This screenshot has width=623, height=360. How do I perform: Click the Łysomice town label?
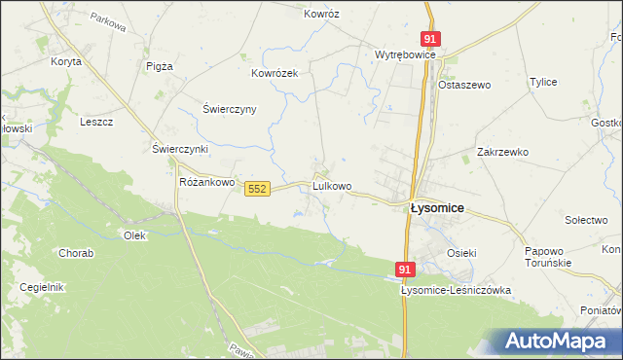pyautogui.click(x=437, y=207)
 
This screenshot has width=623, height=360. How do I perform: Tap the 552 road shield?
pyautogui.click(x=257, y=188)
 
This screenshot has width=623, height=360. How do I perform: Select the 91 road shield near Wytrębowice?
pyautogui.click(x=431, y=38)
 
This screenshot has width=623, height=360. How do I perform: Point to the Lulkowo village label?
pyautogui.click(x=332, y=185)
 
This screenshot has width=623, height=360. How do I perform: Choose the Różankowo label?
pyautogui.click(x=208, y=182)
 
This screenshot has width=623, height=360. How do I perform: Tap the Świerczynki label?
pyautogui.click(x=181, y=149)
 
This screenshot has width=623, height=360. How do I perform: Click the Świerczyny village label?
pyautogui.click(x=229, y=109)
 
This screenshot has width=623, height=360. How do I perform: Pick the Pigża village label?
pyautogui.click(x=159, y=66)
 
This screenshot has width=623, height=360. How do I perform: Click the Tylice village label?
pyautogui.click(x=542, y=82)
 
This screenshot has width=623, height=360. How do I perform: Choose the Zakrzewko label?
pyautogui.click(x=502, y=152)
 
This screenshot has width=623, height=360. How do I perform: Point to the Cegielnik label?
pyautogui.click(x=41, y=287)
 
